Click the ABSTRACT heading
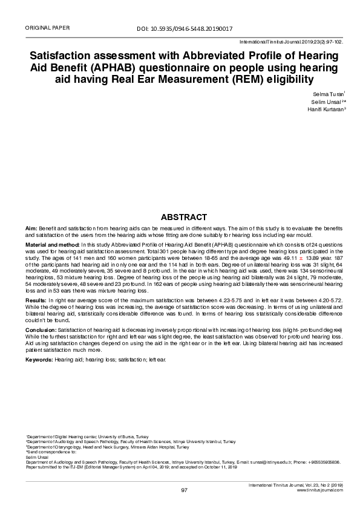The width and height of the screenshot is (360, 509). pyautogui.click(x=184, y=217)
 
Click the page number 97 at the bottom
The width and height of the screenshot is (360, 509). pyautogui.click(x=184, y=490)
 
